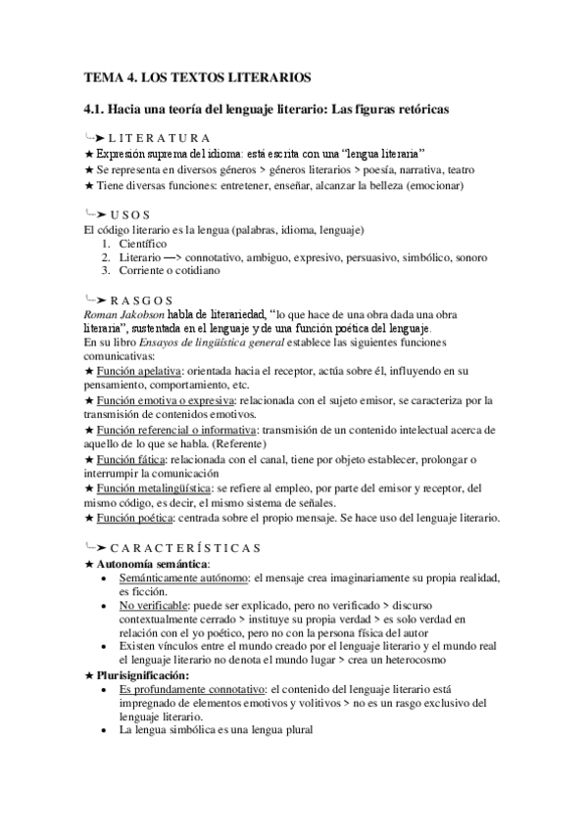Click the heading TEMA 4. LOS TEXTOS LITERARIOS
tap(197, 76)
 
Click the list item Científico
tap(143, 243)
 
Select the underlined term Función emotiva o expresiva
tap(163, 400)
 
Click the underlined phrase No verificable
tap(153, 606)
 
